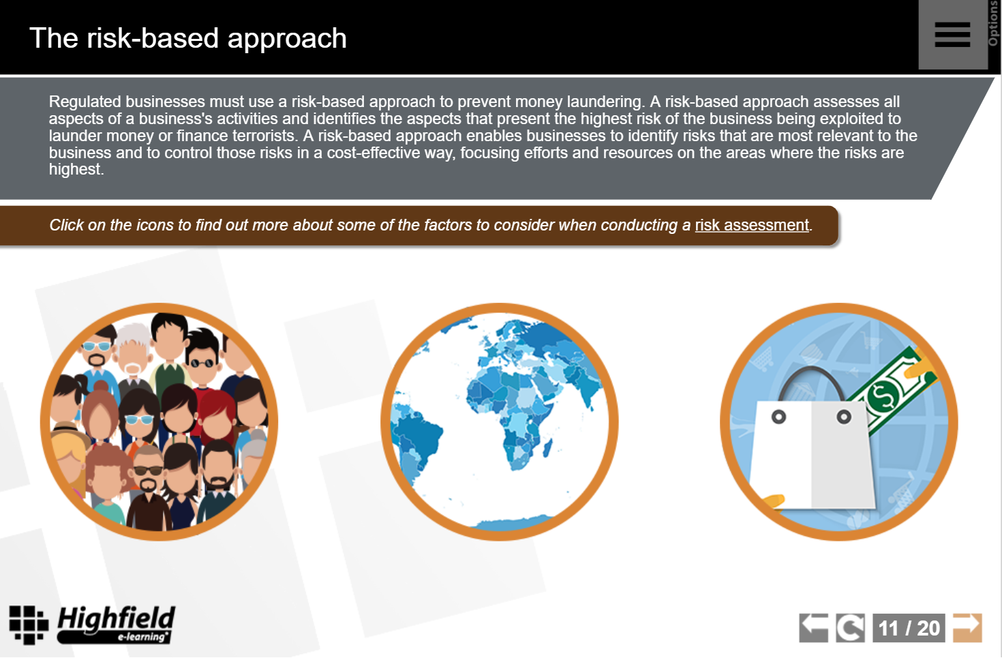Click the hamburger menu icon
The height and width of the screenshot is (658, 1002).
952,35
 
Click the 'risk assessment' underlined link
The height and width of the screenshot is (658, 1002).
752,225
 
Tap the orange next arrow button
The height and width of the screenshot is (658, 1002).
967,627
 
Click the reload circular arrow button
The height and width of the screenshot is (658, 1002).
850,627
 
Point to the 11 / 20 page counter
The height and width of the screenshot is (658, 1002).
909,627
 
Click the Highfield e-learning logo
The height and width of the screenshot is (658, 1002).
92,625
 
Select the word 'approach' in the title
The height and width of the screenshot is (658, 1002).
287,39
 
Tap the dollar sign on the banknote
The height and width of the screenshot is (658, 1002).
883,395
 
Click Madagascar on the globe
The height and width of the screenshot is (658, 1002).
548,447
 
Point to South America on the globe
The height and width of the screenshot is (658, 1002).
414,443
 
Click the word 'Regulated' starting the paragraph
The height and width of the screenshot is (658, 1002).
85,102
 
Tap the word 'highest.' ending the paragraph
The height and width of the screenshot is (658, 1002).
76,170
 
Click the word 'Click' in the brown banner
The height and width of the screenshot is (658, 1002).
66,225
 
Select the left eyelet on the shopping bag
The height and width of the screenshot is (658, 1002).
779,417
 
